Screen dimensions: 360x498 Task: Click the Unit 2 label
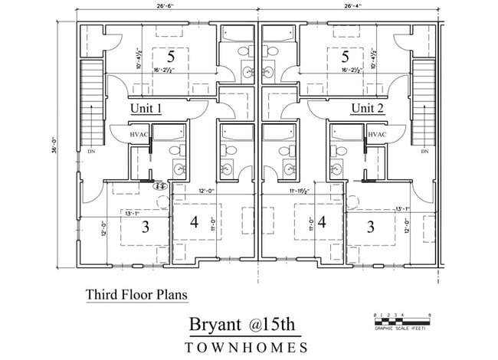point(367,108)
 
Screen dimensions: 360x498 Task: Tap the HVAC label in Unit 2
point(377,134)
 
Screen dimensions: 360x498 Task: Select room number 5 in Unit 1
point(172,57)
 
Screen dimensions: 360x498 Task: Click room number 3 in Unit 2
point(372,227)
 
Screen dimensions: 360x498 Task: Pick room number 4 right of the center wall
point(323,223)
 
